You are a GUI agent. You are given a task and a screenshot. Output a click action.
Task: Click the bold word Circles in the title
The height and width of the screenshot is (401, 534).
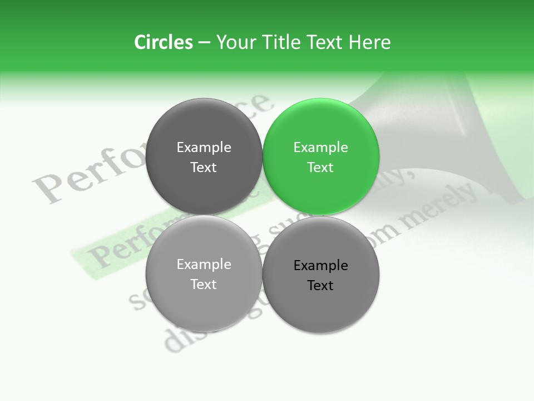[164, 42]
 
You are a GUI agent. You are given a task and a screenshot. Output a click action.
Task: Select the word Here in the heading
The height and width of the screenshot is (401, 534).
[369, 42]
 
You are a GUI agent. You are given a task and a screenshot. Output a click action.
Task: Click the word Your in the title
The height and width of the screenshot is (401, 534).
[235, 42]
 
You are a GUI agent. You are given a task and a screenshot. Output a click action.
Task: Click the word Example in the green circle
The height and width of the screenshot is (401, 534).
[321, 147]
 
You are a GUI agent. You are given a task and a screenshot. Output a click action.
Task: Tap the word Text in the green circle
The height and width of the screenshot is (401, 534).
[321, 167]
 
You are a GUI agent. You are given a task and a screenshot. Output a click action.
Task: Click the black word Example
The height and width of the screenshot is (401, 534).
[321, 265]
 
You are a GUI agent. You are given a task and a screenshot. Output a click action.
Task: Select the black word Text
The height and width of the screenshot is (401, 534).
[321, 285]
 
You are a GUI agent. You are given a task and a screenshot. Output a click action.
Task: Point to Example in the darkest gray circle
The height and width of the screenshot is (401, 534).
[204, 147]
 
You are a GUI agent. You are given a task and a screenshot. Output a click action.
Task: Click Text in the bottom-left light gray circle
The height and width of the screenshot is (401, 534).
[204, 284]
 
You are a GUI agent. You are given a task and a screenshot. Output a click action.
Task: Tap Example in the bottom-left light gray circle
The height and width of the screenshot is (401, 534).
[204, 264]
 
